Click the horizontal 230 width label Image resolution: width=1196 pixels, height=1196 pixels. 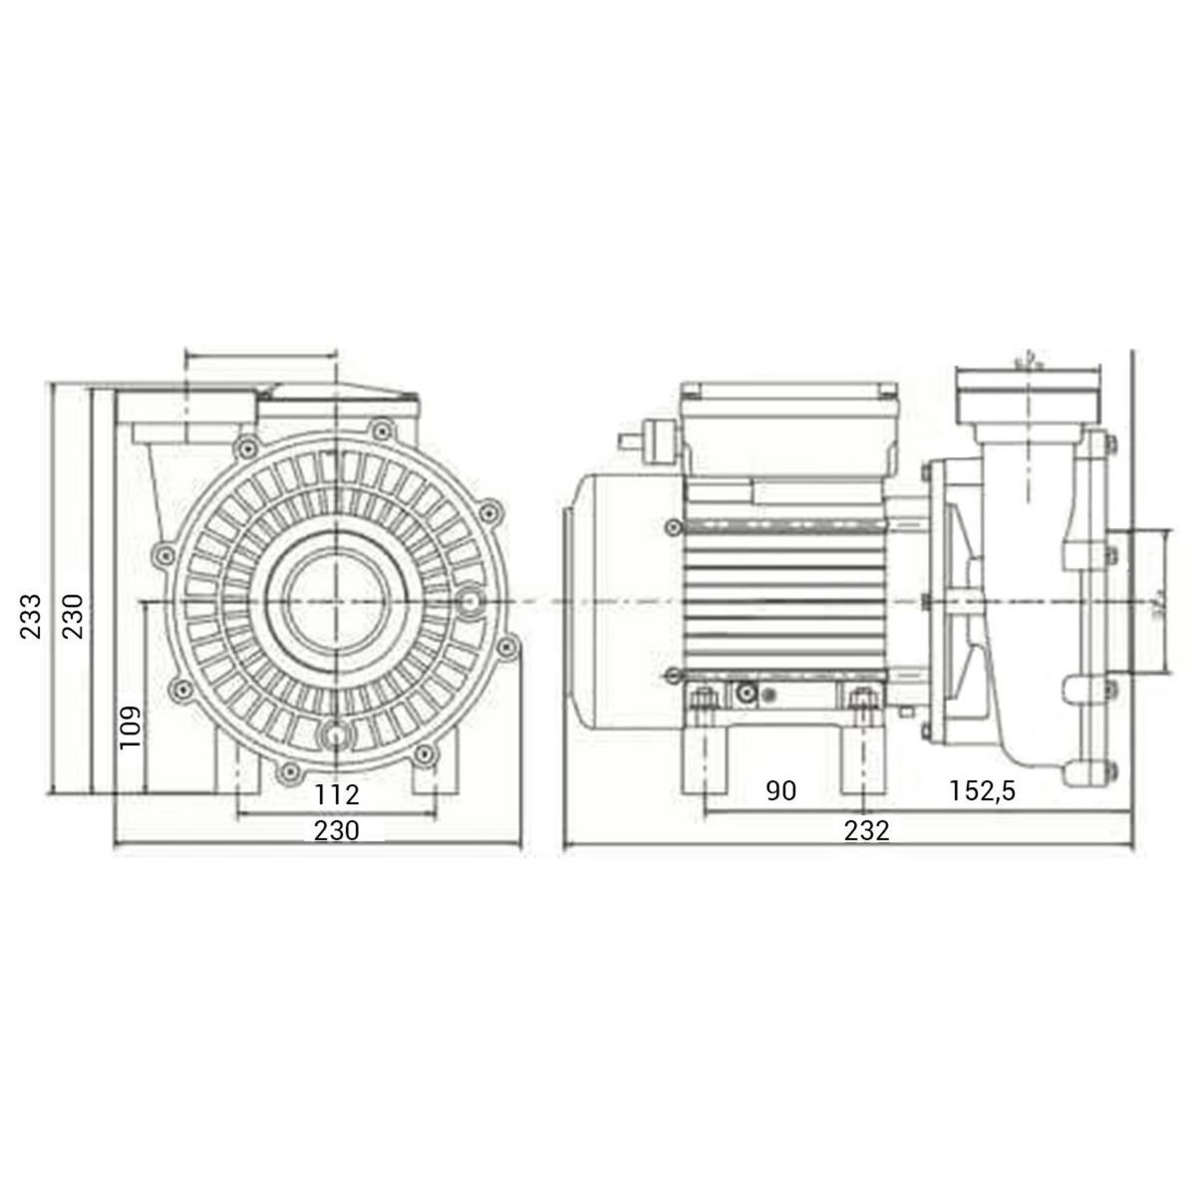click(337, 830)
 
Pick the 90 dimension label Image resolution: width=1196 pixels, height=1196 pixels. click(782, 791)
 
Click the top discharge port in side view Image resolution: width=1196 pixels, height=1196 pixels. click(1027, 394)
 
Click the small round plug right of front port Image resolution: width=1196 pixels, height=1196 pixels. click(469, 601)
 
